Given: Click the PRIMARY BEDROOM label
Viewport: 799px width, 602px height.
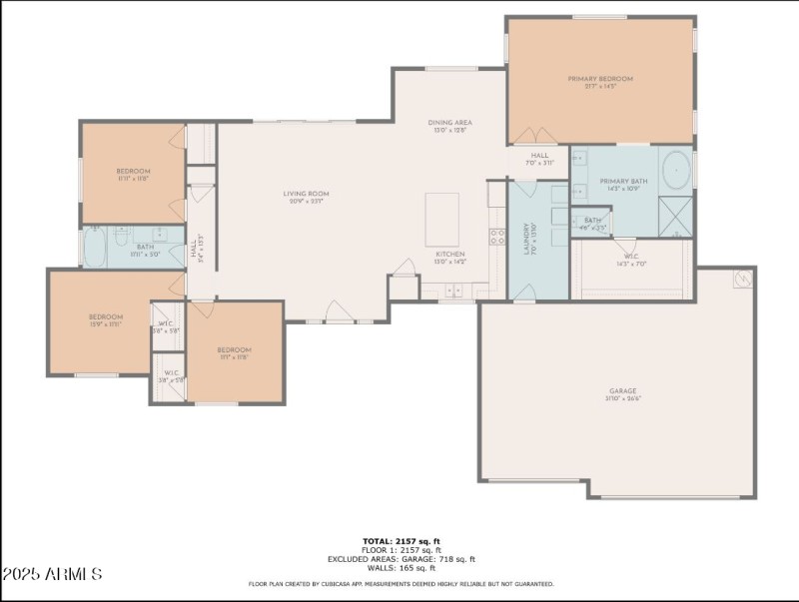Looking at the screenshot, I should point(600,79).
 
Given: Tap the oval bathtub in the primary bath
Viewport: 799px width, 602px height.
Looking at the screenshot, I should point(676,170).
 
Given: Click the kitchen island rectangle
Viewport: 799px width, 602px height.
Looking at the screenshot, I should point(442,220).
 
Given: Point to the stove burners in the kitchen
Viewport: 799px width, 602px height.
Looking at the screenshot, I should point(496,237).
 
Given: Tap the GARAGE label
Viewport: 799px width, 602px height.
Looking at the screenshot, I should point(623,391).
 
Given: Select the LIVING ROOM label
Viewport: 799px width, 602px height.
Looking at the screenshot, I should point(306,194).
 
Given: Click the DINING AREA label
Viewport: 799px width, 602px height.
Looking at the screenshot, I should point(450,123).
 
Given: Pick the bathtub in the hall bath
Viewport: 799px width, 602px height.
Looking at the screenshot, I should point(95,248).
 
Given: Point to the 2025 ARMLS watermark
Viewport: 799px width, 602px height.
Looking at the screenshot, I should point(52,574).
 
